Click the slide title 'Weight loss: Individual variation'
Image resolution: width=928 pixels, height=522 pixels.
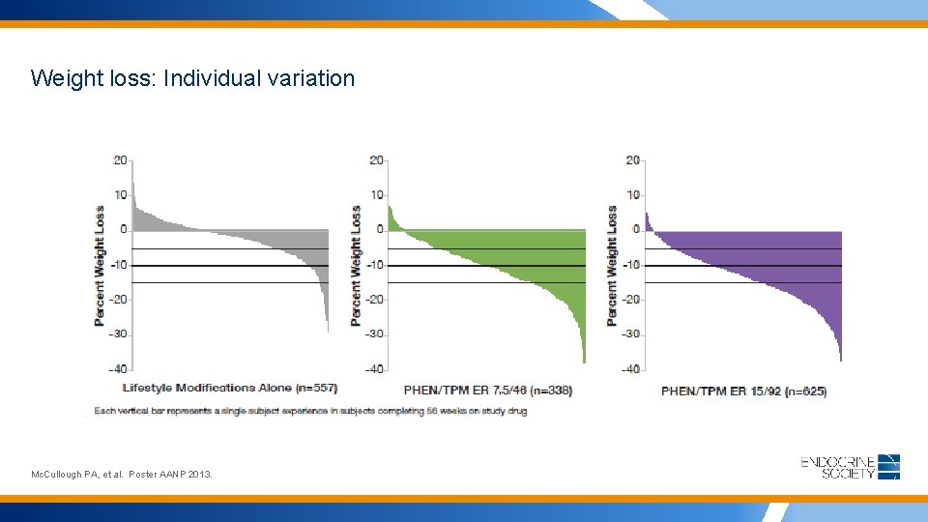pyautogui.click(x=192, y=78)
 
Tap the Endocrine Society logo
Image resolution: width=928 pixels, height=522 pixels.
pyautogui.click(x=850, y=467)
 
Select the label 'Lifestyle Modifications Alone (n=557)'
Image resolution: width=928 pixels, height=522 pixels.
pyautogui.click(x=230, y=388)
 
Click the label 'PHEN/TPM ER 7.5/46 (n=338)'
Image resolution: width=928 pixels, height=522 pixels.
pyautogui.click(x=488, y=391)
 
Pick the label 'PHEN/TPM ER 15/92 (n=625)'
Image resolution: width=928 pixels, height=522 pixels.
pyautogui.click(x=743, y=391)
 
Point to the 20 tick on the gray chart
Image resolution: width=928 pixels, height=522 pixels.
pyautogui.click(x=121, y=159)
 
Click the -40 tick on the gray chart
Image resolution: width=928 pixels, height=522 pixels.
pyautogui.click(x=117, y=368)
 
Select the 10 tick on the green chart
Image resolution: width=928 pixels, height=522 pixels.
pyautogui.click(x=377, y=194)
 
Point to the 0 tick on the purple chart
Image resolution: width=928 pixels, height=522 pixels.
pyautogui.click(x=636, y=229)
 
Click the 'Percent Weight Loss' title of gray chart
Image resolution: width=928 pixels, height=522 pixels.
pyautogui.click(x=100, y=265)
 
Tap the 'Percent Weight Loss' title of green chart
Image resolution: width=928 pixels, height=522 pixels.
pyautogui.click(x=356, y=265)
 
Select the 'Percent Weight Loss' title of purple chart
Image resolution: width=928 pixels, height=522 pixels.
pyautogui.click(x=612, y=265)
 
